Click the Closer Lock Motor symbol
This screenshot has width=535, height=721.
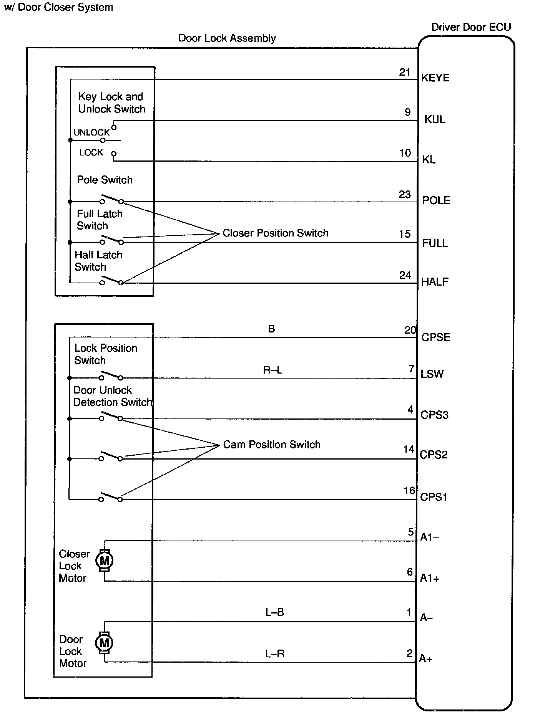tap(105, 561)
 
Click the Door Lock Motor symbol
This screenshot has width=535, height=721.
tap(104, 642)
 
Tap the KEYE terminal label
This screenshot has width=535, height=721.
tap(435, 78)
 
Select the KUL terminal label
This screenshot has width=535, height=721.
tap(435, 119)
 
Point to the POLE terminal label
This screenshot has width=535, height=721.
tap(436, 200)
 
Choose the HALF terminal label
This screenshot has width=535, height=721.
tap(435, 282)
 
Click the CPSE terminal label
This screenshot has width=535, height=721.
tap(435, 337)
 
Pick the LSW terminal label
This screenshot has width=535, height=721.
tap(432, 374)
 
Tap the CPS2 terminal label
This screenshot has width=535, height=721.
tap(434, 455)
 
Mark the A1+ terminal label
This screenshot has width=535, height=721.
tap(429, 578)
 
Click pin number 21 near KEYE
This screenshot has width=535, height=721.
tap(405, 72)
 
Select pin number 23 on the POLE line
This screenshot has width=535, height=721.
tap(405, 195)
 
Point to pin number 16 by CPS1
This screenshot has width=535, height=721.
tap(409, 491)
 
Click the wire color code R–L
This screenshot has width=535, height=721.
tap(272, 370)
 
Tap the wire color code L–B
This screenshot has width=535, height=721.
tap(274, 612)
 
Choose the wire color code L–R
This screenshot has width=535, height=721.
tap(274, 653)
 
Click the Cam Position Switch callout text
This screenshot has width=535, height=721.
tap(272, 445)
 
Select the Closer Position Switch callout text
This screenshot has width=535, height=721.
tap(275, 233)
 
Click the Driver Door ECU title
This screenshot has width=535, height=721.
tap(471, 27)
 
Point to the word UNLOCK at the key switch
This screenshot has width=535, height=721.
tap(91, 132)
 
